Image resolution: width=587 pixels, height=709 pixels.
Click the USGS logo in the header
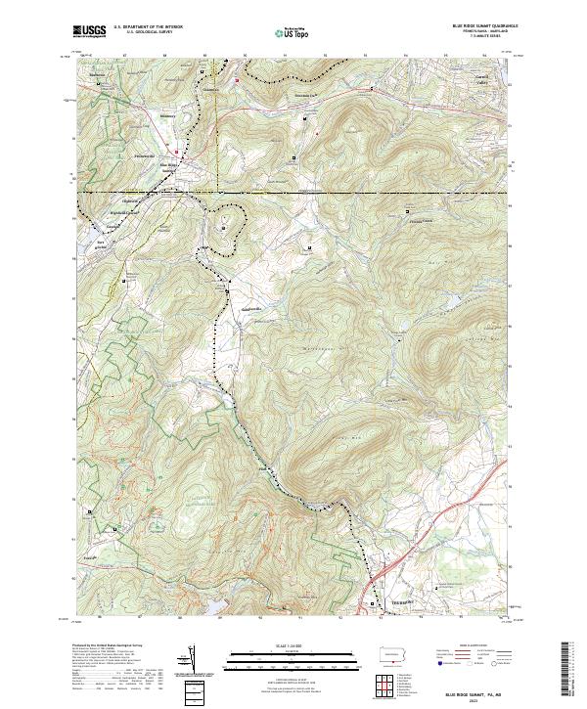coord(90,32)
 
